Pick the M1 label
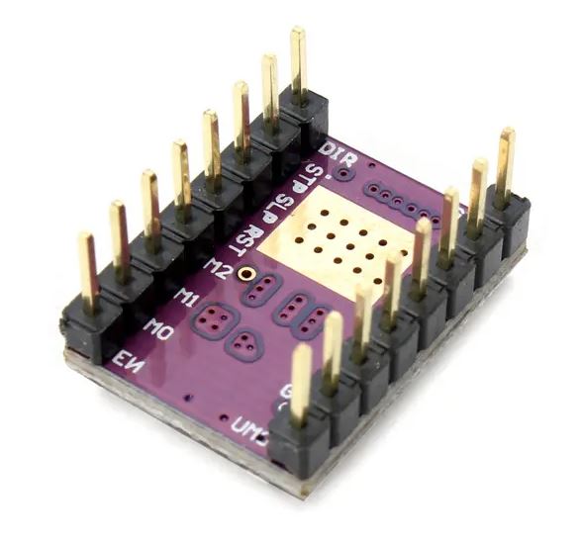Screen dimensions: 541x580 tap(185, 295)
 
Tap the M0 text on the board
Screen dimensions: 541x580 tap(158, 326)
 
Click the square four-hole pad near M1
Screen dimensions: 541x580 tap(214, 318)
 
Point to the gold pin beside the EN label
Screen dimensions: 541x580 tap(87, 267)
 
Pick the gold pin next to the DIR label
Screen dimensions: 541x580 tap(298, 60)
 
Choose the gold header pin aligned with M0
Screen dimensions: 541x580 tap(119, 237)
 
